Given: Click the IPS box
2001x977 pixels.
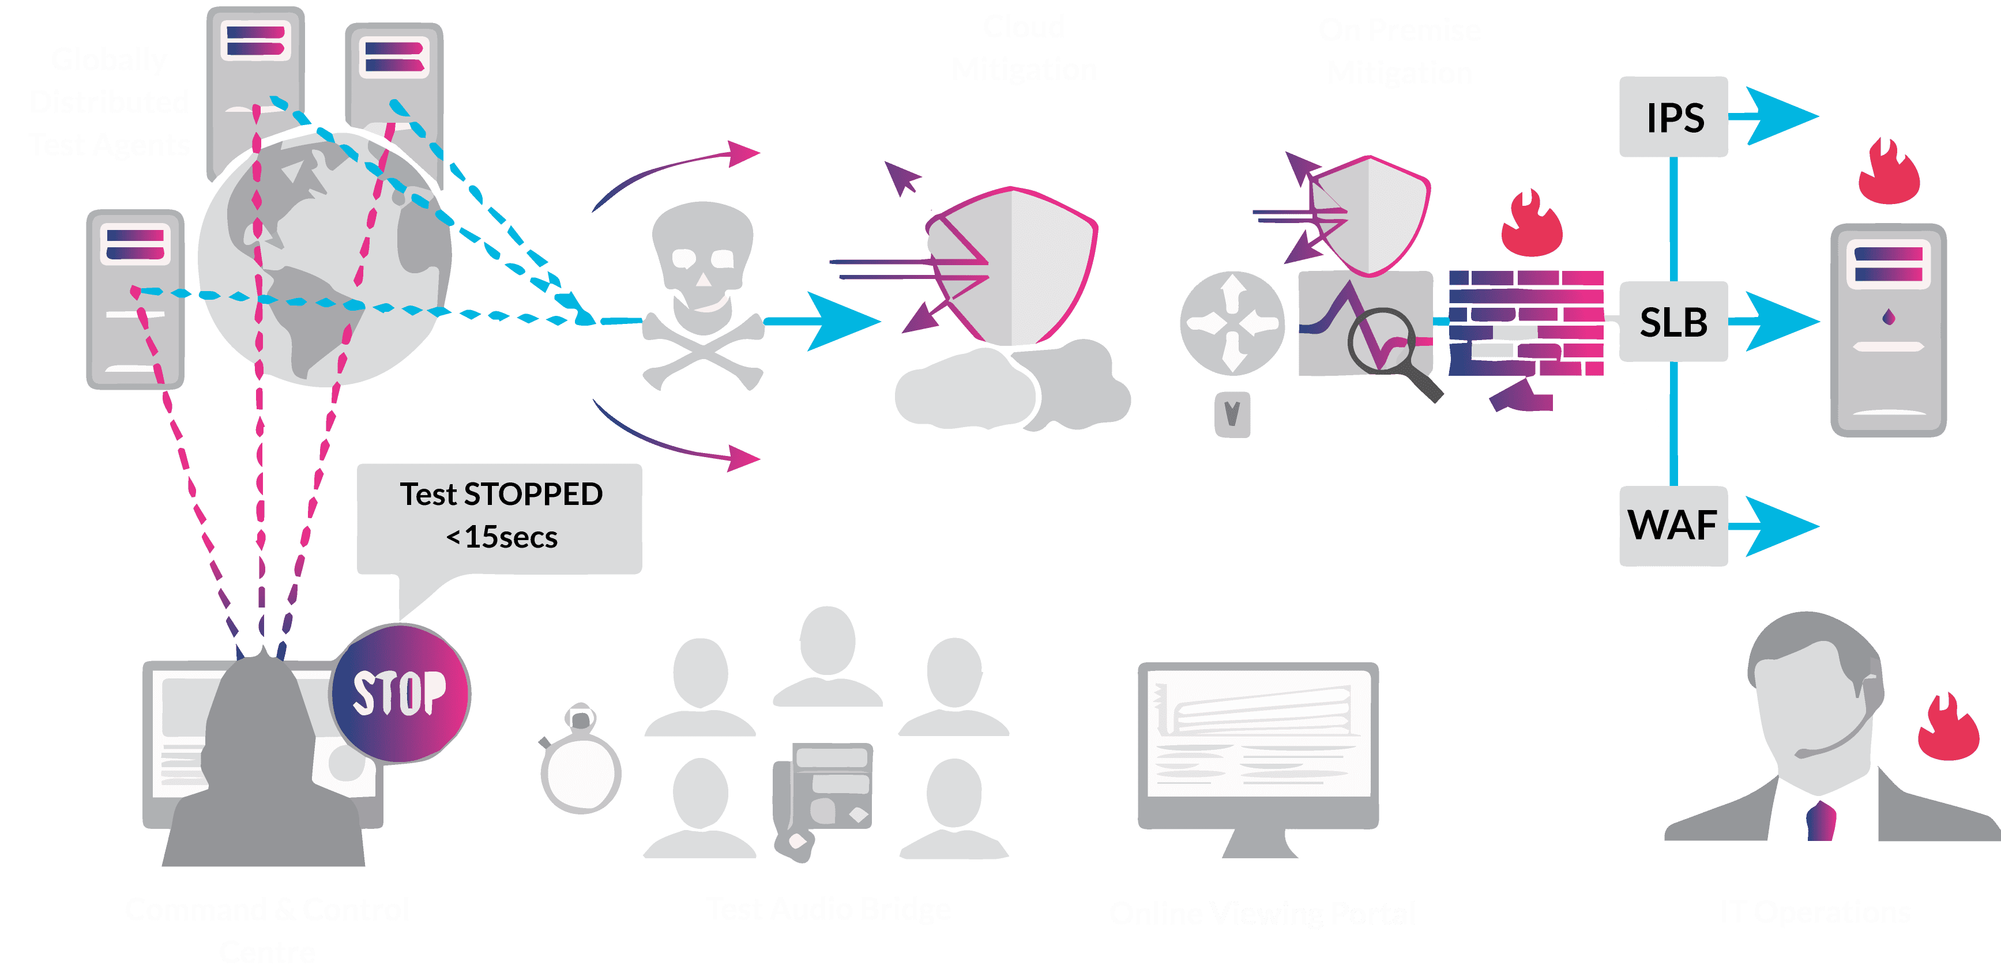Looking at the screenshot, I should pos(1673,117).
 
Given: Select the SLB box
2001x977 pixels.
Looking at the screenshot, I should pos(1673,322).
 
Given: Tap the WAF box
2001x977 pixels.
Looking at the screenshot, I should pos(1673,526).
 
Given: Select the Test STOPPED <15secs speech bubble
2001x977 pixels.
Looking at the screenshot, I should pos(499,517).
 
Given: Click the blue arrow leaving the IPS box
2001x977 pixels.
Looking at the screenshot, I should pos(1779,116).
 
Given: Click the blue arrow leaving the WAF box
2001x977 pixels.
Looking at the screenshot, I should pos(1779,527).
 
